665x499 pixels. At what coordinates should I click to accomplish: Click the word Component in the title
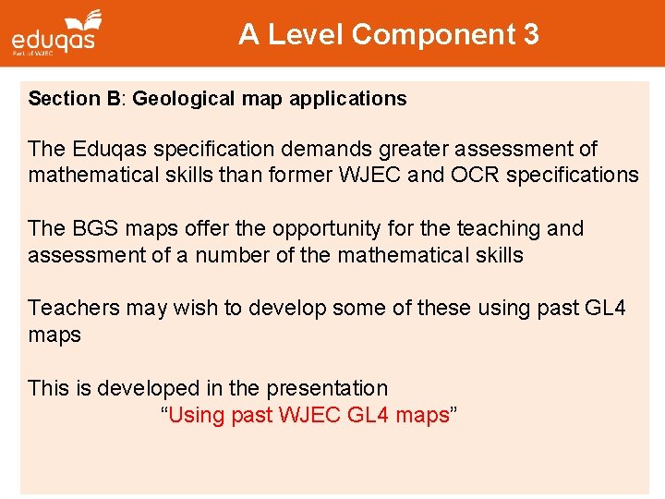434,35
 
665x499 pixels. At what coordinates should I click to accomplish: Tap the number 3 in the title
531,35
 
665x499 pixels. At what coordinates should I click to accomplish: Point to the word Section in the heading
62,99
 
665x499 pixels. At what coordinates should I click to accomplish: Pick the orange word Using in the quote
199,415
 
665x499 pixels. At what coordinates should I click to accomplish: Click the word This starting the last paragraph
48,388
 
